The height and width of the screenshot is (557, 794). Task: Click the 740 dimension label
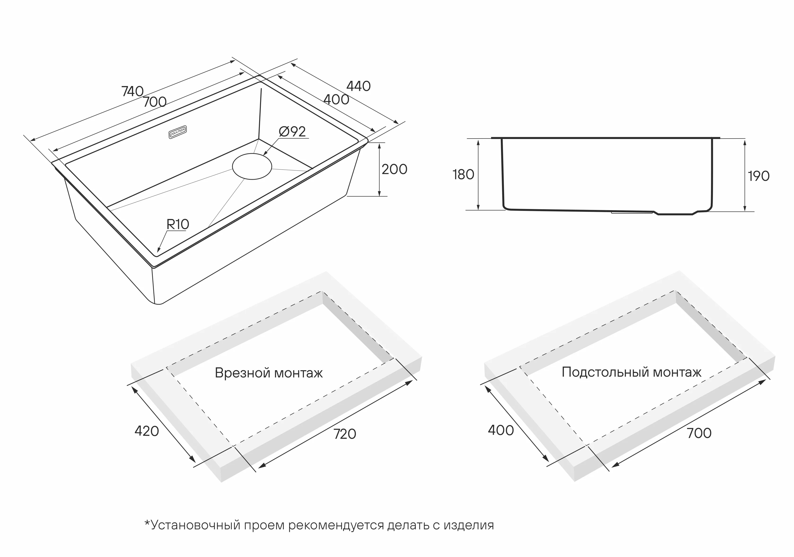pyautogui.click(x=132, y=91)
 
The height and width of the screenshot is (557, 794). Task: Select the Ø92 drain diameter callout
pyautogui.click(x=292, y=132)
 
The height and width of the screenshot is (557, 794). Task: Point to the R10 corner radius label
pyautogui.click(x=178, y=224)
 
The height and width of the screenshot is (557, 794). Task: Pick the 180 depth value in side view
pyautogui.click(x=463, y=175)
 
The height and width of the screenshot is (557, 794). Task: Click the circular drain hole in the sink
pyautogui.click(x=252, y=166)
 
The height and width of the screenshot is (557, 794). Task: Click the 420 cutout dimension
pyautogui.click(x=147, y=431)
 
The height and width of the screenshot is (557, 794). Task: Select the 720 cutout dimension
pyautogui.click(x=345, y=434)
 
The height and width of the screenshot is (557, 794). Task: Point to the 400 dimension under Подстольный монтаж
pyautogui.click(x=501, y=431)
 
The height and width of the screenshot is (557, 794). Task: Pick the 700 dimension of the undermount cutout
pyautogui.click(x=699, y=433)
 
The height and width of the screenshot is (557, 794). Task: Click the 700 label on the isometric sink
pyautogui.click(x=155, y=102)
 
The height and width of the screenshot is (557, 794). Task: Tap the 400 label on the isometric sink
pyautogui.click(x=336, y=100)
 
